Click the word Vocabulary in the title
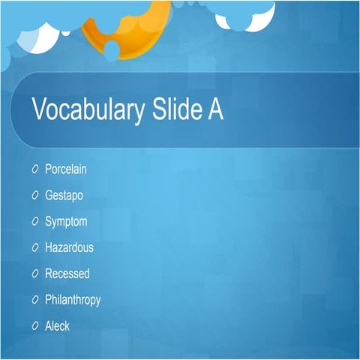tap(87, 110)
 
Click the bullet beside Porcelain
tap(35, 169)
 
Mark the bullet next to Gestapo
tap(35, 195)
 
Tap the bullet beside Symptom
tap(35, 221)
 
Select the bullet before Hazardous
tap(35, 247)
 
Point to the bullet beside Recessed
tap(35, 274)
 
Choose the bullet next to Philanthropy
tap(35, 300)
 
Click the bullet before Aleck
tap(35, 326)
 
